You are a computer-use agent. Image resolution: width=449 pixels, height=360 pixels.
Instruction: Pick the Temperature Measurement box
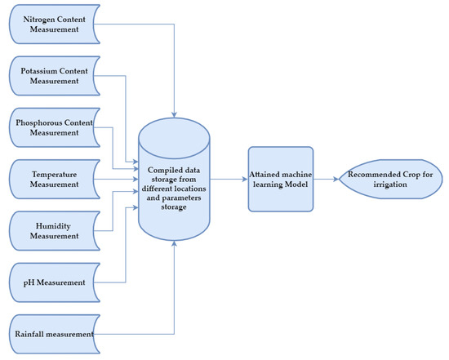(55, 179)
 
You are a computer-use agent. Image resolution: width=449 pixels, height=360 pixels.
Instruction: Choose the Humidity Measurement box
(55, 230)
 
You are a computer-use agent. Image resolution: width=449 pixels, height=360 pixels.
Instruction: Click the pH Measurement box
(55, 282)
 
